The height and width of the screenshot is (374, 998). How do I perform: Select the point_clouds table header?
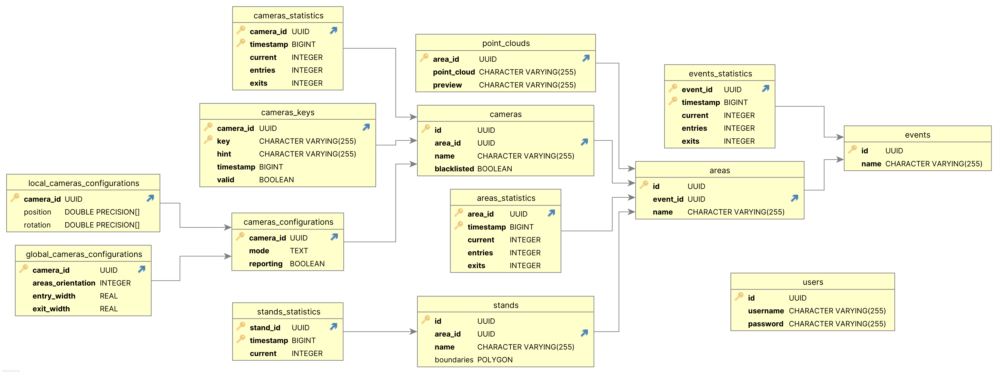click(x=506, y=43)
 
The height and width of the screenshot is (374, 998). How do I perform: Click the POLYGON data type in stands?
click(x=495, y=360)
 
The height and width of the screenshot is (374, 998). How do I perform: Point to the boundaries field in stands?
click(x=454, y=360)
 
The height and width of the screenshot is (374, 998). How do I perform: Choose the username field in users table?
click(x=766, y=311)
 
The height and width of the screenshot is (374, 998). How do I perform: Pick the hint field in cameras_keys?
click(x=224, y=154)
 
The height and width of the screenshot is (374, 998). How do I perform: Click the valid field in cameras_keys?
click(x=225, y=180)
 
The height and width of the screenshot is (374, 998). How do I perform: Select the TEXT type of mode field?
click(x=299, y=251)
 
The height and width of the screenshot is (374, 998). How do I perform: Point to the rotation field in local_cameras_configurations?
click(x=37, y=225)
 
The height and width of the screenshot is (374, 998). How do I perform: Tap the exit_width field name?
click(x=51, y=309)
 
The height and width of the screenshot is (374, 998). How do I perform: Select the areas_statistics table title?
click(x=506, y=198)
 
